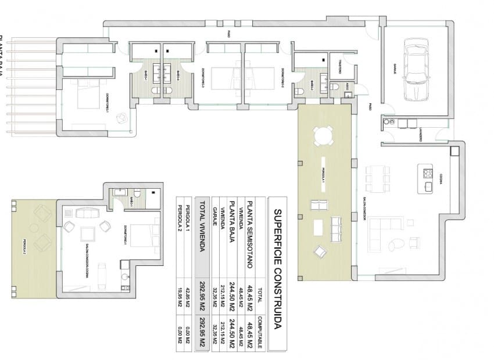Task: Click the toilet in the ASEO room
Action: (335, 88)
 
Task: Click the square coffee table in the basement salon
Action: (88, 233)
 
